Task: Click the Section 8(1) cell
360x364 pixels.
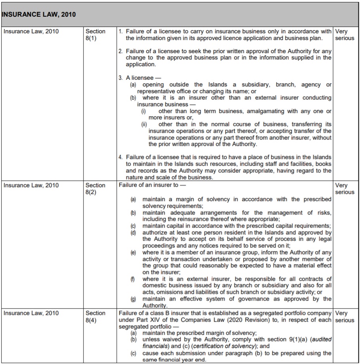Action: [x=95, y=35]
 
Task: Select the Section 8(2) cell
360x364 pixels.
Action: [x=95, y=189]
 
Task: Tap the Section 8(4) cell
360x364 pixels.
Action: [x=95, y=316]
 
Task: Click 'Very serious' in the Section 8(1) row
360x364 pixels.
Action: [x=344, y=35]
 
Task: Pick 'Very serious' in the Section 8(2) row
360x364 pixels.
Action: [x=344, y=189]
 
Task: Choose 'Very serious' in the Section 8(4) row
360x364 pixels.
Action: [x=344, y=316]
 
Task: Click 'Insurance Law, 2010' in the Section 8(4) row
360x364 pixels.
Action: [x=31, y=313]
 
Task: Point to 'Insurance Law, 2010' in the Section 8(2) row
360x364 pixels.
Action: [x=31, y=185]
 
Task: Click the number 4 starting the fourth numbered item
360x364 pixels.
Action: [x=121, y=157]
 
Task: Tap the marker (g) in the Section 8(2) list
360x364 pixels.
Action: [x=133, y=299]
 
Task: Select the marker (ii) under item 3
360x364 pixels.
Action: [x=144, y=125]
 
